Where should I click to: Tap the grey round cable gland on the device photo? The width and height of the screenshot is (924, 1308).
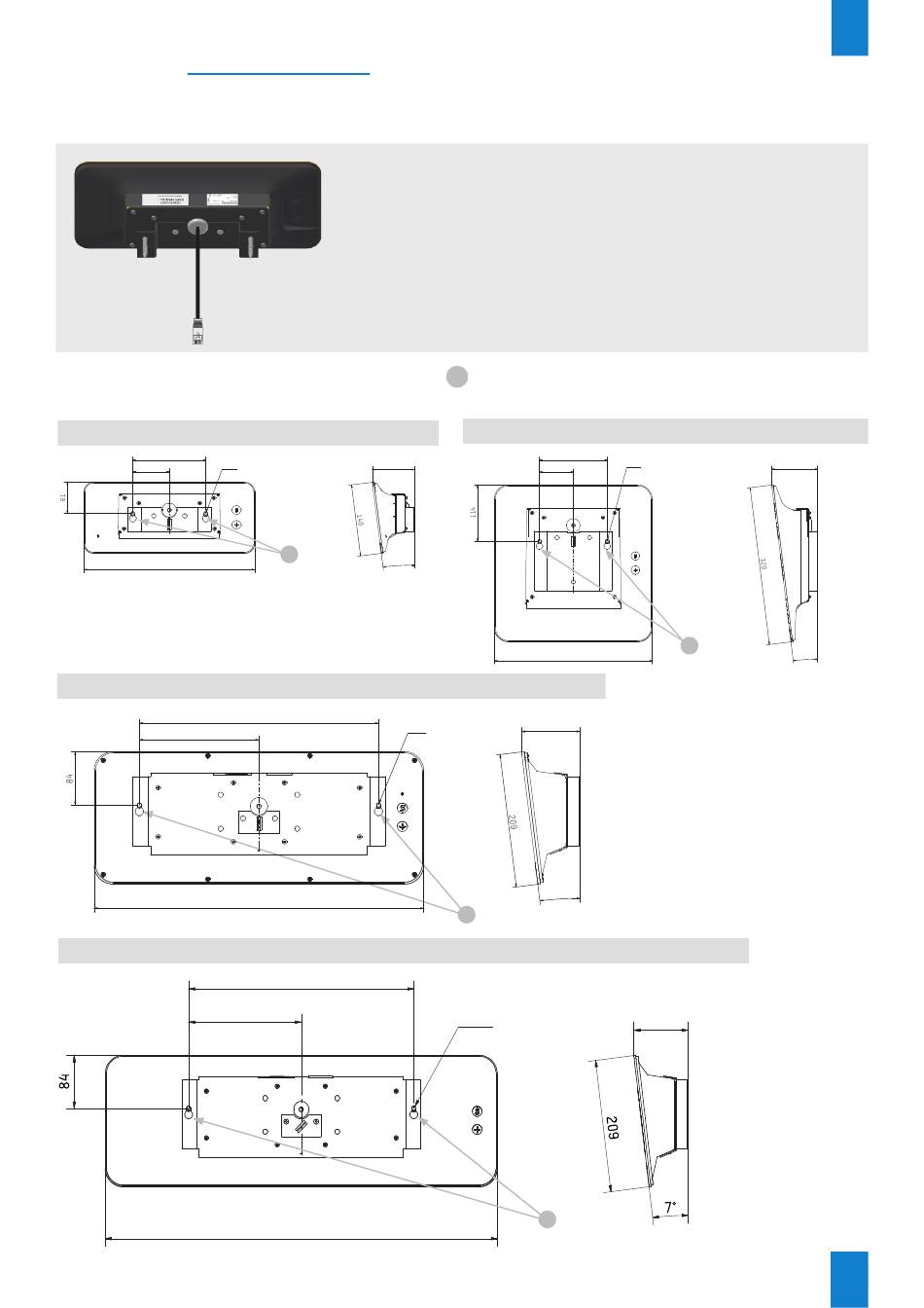click(197, 226)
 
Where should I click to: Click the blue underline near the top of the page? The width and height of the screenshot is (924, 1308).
click(278, 73)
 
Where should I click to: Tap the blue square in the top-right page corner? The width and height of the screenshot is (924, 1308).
click(849, 27)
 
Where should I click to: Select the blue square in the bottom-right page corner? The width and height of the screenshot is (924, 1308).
click(849, 1279)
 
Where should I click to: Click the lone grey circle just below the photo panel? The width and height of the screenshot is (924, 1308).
click(457, 377)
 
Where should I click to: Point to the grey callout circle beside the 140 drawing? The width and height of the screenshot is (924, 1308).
click(289, 554)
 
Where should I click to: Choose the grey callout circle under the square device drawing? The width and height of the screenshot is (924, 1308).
click(689, 644)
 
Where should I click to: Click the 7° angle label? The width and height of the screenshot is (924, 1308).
click(671, 1208)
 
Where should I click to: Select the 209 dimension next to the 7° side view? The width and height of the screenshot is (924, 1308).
click(612, 1129)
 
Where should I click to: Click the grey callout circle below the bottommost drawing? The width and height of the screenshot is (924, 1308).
click(548, 1219)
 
